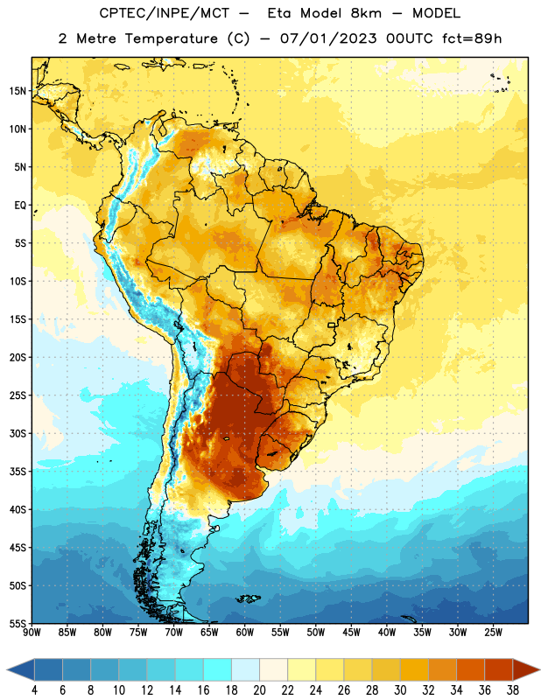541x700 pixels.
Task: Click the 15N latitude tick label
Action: [18, 91]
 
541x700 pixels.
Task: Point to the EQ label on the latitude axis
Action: [20, 206]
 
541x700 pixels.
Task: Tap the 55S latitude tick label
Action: [18, 623]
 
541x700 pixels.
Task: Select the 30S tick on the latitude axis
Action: [18, 433]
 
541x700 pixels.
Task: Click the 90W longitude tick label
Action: [32, 633]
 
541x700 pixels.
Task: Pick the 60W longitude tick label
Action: [245, 633]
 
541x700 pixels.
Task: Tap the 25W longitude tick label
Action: [493, 633]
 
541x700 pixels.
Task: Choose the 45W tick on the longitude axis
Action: [351, 633]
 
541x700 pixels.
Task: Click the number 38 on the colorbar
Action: [513, 690]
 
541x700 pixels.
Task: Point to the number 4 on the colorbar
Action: [34, 690]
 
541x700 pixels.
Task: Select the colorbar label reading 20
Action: [259, 690]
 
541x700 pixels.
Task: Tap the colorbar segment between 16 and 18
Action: [217, 669]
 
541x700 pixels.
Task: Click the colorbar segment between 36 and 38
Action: [499, 669]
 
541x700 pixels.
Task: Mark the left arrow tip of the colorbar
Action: [7, 669]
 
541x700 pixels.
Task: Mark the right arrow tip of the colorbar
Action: [540, 669]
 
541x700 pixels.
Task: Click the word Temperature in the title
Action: [171, 38]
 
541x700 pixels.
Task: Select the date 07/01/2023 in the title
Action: [328, 38]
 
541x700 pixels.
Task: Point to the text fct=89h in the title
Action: [472, 38]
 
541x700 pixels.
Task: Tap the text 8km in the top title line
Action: [366, 13]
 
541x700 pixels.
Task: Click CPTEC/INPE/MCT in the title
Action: [165, 13]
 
